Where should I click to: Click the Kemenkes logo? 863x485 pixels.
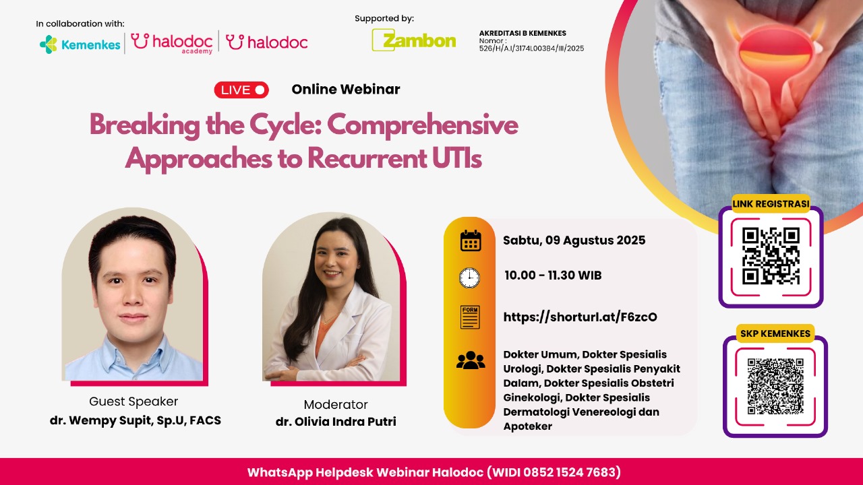click(80, 44)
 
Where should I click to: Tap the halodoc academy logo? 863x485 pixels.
click(172, 43)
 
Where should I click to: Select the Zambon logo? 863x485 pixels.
click(414, 40)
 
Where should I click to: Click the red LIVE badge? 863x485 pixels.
click(241, 90)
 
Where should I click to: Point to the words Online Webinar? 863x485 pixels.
click(346, 90)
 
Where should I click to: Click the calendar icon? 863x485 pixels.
click(471, 240)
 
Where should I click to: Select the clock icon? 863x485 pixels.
click(470, 278)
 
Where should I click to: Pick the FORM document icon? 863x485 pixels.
click(470, 317)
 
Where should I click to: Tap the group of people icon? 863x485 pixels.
click(471, 360)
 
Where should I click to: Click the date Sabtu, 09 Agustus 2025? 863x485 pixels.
click(574, 240)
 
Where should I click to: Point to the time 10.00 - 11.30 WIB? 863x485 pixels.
click(553, 276)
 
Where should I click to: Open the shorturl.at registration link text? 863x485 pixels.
click(581, 317)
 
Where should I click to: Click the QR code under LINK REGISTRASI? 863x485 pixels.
click(771, 256)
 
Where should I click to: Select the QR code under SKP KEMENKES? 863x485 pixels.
click(775, 386)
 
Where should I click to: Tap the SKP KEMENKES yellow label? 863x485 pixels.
click(775, 333)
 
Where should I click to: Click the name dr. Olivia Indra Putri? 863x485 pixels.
click(336, 422)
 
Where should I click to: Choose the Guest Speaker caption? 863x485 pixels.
click(133, 401)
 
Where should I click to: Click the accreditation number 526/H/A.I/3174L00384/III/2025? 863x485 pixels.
click(532, 48)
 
